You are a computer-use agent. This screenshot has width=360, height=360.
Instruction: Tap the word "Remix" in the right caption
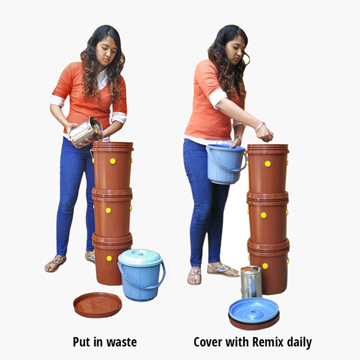pyautogui.click(x=268, y=342)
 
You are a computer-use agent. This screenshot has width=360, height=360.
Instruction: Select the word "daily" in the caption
pyautogui.click(x=299, y=343)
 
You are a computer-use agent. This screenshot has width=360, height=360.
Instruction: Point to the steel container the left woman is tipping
pyautogui.click(x=86, y=131)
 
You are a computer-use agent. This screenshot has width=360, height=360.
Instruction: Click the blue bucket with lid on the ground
pyautogui.click(x=141, y=275)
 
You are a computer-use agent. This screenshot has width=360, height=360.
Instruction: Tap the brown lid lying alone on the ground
pyautogui.click(x=98, y=305)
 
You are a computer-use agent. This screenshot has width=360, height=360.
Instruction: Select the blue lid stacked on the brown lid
pyautogui.click(x=254, y=311)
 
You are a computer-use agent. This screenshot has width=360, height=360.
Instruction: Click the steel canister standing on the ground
pyautogui.click(x=251, y=282)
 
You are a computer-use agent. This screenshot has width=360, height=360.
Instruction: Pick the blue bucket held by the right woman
pyautogui.click(x=226, y=164)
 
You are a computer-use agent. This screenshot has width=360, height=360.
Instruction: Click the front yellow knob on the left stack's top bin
pyautogui.click(x=113, y=161)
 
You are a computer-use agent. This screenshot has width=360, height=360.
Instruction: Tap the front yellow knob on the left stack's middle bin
pyautogui.click(x=108, y=211)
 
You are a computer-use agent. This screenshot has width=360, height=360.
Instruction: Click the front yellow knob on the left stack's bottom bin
pyautogui.click(x=109, y=258)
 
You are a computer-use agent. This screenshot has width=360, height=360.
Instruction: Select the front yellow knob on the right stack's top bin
pyautogui.click(x=268, y=164)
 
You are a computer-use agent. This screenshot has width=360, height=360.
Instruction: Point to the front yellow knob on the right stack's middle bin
pyautogui.click(x=263, y=215)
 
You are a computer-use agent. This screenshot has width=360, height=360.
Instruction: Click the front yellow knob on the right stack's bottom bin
pyautogui.click(x=265, y=266)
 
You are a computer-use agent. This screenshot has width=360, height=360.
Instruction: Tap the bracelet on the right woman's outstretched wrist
pyautogui.click(x=260, y=127)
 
